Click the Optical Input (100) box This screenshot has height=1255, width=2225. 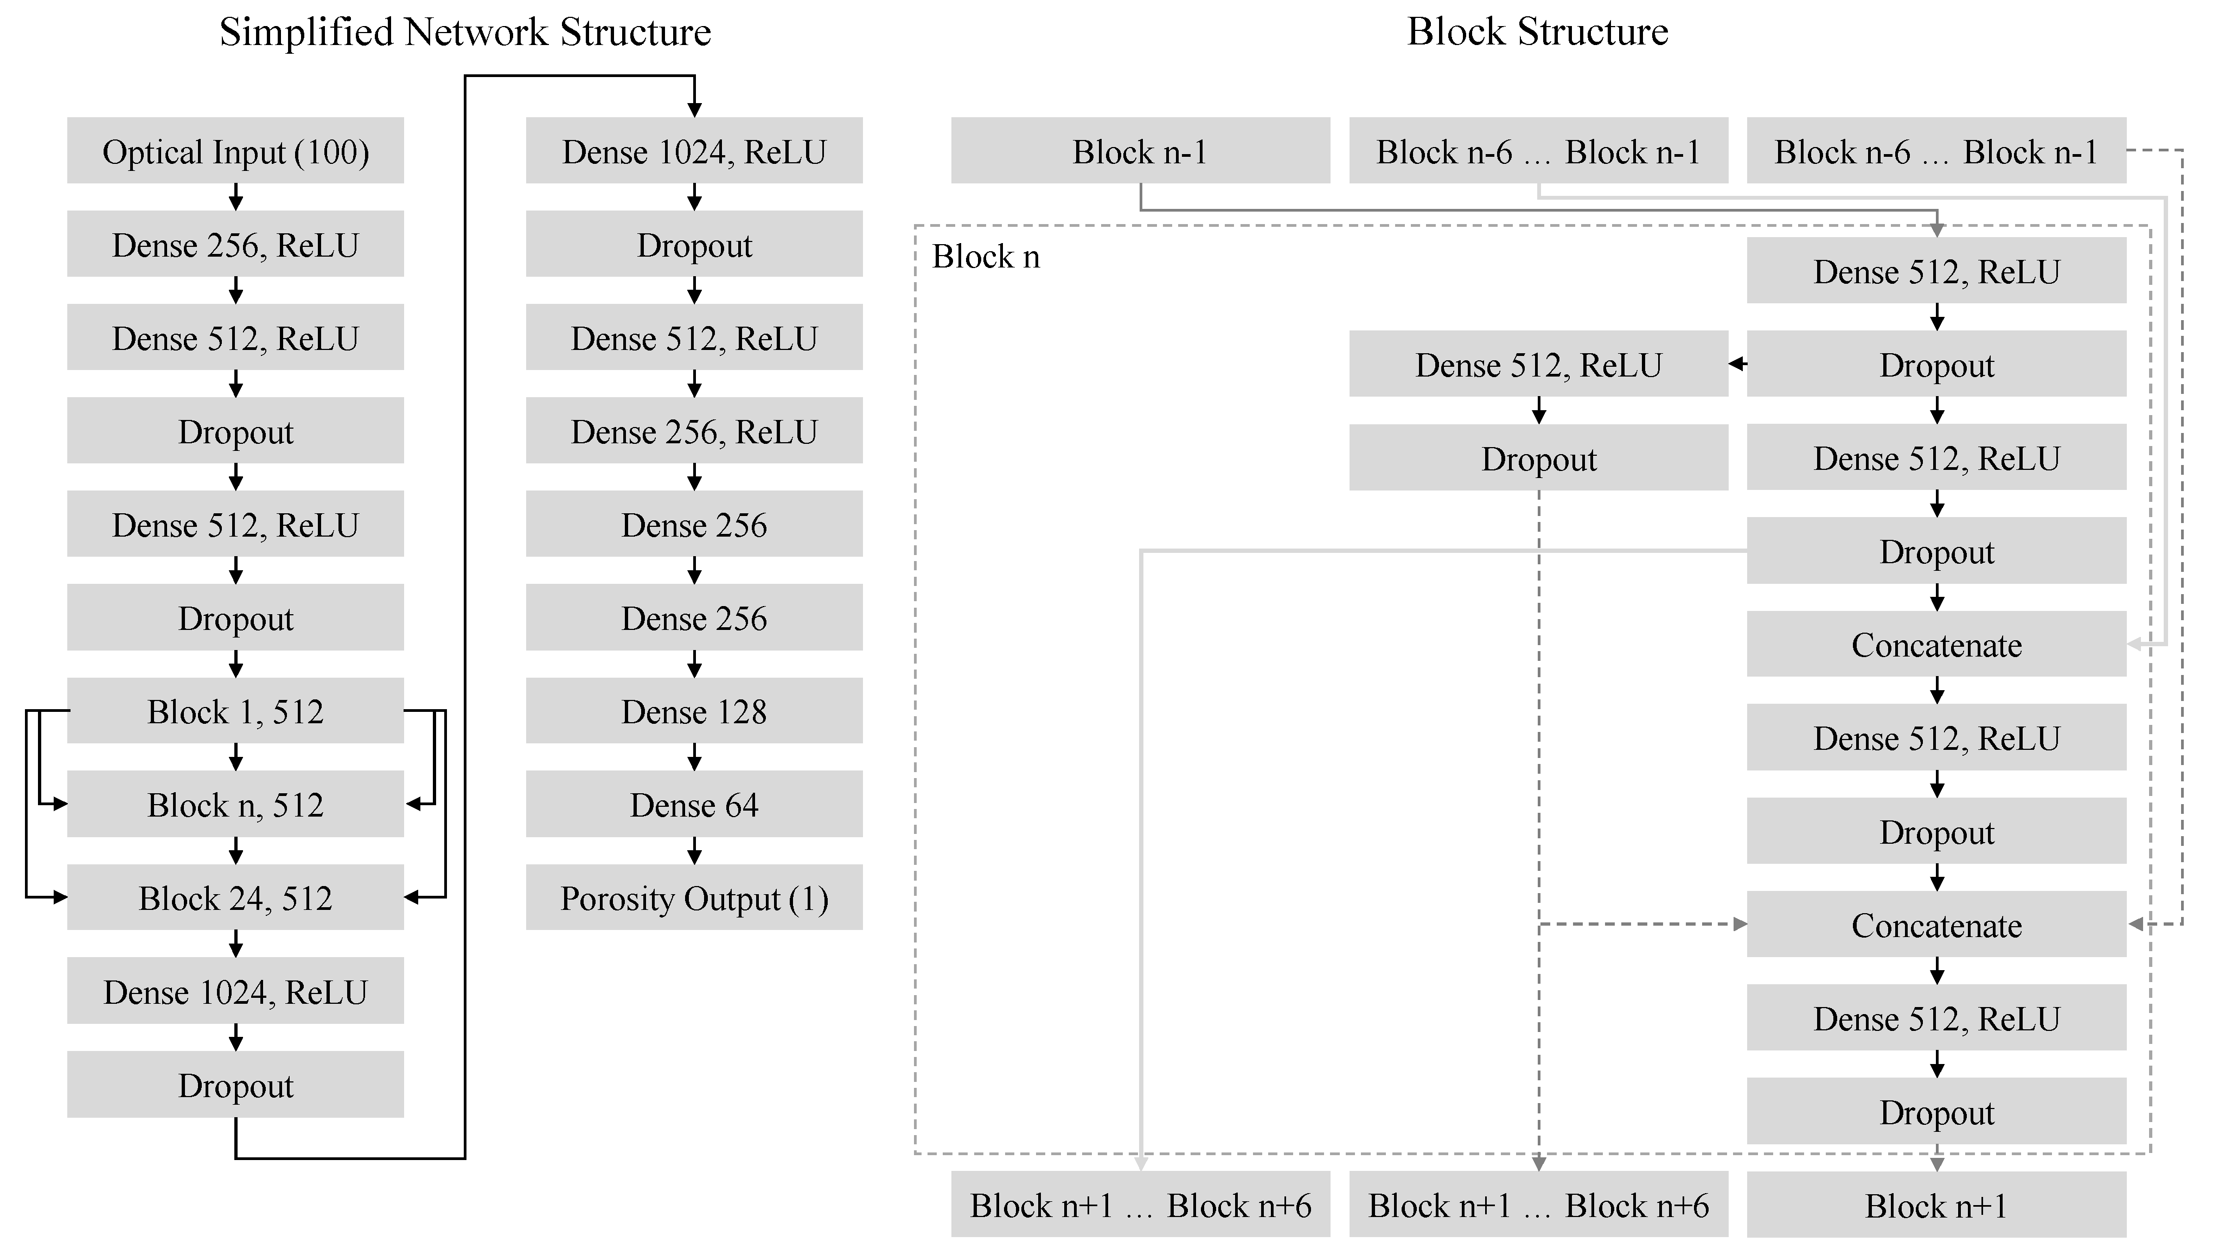pyautogui.click(x=235, y=151)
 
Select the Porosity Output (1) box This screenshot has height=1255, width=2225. pyautogui.click(x=694, y=899)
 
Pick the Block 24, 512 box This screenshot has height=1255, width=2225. pyautogui.click(x=235, y=899)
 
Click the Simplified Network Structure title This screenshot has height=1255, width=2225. pyautogui.click(x=465, y=32)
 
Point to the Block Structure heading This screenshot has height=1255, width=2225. pyautogui.click(x=1537, y=32)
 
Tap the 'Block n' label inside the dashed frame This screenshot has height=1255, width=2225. pyautogui.click(x=986, y=257)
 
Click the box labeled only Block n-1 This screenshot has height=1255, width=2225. pyautogui.click(x=1140, y=151)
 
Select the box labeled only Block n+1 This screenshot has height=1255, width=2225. pyautogui.click(x=1936, y=1205)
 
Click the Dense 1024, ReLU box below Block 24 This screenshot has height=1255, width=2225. pyautogui.click(x=235, y=991)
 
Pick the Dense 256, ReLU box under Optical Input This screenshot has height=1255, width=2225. pyautogui.click(x=235, y=245)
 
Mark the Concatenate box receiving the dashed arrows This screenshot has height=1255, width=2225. pyautogui.click(x=1936, y=925)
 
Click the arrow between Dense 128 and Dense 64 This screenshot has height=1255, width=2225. pyautogui.click(x=694, y=757)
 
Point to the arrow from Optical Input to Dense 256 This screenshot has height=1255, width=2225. pyautogui.click(x=235, y=197)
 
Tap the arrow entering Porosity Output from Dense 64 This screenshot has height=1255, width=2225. pyautogui.click(x=694, y=851)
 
